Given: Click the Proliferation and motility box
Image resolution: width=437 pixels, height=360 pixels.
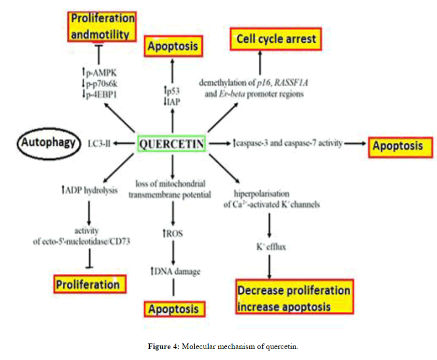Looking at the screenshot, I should (102, 26).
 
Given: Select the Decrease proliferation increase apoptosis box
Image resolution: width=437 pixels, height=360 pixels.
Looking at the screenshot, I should (294, 298).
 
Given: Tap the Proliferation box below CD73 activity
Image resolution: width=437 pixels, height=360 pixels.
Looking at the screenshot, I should (89, 284).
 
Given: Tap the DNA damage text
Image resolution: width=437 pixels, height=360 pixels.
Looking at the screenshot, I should (175, 271).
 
